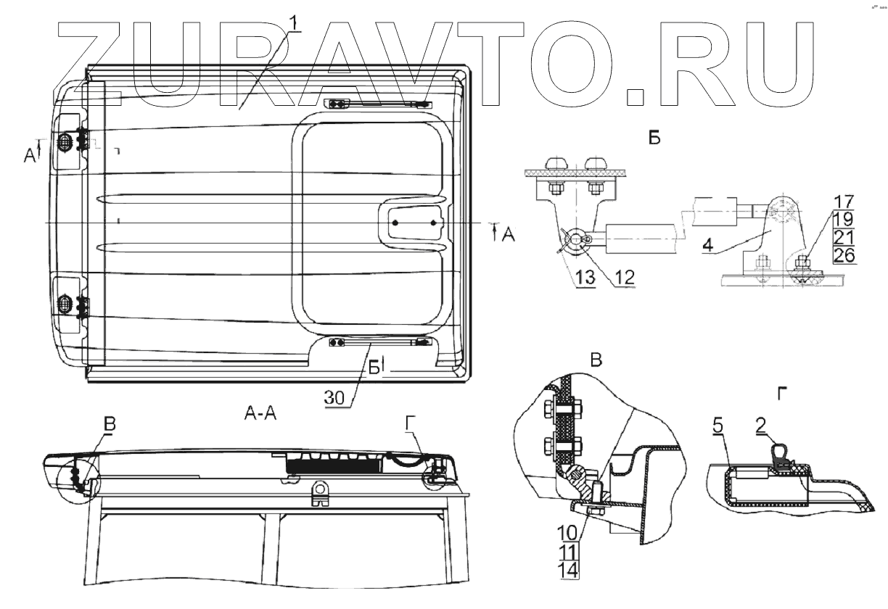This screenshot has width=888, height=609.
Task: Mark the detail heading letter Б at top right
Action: (x=654, y=138)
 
